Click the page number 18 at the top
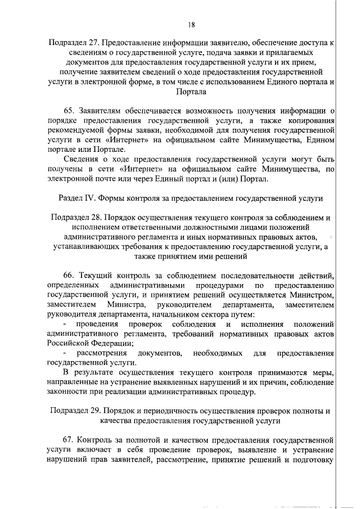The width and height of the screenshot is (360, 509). (191, 24)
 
